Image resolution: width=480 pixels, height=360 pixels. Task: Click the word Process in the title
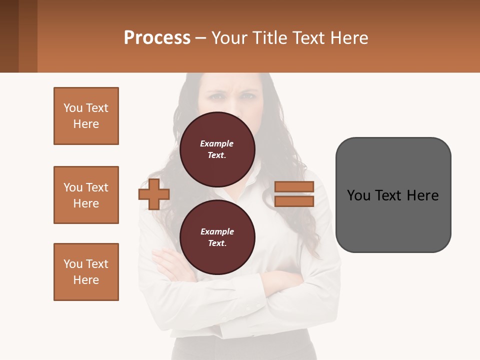click(157, 38)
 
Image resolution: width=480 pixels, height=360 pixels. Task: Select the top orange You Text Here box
click(86, 116)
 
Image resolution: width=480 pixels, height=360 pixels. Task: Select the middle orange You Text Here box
click(86, 195)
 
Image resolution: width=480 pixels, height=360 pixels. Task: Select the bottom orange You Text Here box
click(86, 272)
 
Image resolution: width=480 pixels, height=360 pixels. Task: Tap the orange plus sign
click(154, 194)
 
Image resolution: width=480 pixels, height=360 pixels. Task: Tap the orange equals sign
click(294, 194)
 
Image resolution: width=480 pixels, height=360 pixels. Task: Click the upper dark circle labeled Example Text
click(217, 149)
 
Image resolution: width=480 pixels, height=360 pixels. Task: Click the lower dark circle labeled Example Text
click(217, 237)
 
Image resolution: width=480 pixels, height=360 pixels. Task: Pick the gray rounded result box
click(393, 195)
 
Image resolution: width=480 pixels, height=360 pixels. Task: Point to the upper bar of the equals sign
click(294, 186)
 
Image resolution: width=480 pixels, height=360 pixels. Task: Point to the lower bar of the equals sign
click(294, 201)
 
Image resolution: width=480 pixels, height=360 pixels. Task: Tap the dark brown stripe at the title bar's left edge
click(9, 36)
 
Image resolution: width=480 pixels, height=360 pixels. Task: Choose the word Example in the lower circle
click(217, 231)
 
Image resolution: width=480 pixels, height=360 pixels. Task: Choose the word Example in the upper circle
click(217, 143)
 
